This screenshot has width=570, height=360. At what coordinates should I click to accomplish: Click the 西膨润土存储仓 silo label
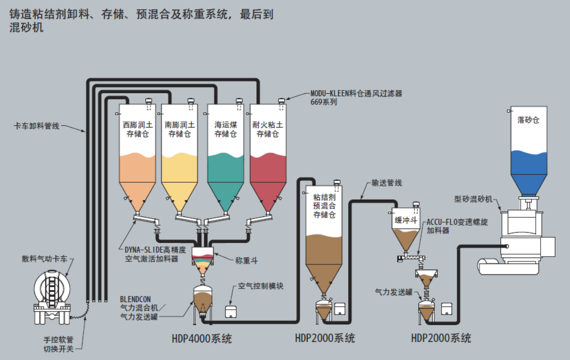click(138, 130)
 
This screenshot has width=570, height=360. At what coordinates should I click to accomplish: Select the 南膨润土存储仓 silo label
click(180, 130)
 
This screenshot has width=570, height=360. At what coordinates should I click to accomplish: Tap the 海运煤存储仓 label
click(226, 130)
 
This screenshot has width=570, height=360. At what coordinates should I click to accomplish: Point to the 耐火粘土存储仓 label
click(268, 130)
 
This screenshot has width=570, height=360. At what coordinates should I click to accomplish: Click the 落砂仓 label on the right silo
click(528, 120)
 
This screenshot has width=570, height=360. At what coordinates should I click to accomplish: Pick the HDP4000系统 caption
click(202, 339)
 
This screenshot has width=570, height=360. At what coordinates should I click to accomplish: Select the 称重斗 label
click(246, 260)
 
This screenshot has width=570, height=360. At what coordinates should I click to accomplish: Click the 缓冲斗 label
click(406, 220)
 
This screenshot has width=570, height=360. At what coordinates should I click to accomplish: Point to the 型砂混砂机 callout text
click(473, 199)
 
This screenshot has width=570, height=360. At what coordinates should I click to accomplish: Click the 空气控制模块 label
click(261, 286)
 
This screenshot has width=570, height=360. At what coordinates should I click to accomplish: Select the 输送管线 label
click(386, 183)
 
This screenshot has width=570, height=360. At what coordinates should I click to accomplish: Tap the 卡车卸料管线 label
click(36, 126)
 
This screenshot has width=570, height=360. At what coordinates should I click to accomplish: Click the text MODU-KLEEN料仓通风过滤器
click(356, 93)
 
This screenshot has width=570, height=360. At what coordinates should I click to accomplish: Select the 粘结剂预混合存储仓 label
click(324, 206)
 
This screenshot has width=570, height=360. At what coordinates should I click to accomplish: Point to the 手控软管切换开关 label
click(58, 345)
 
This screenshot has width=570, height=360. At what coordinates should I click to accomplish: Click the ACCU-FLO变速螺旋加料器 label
click(457, 226)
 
